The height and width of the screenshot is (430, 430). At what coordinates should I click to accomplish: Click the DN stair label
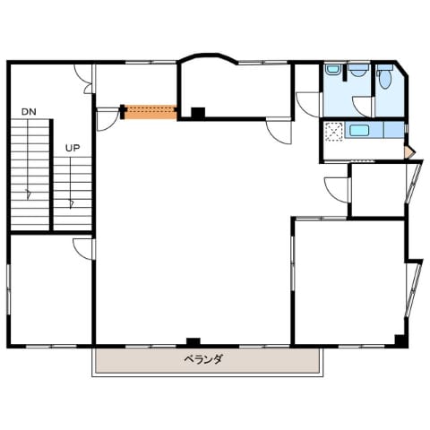[29, 112]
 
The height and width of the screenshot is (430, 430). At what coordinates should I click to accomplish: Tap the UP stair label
[73, 148]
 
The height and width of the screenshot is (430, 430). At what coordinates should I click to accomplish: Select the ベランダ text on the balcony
[203, 359]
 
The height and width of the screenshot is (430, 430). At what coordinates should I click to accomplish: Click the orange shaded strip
[150, 112]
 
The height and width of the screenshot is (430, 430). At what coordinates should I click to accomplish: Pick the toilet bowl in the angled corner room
[385, 79]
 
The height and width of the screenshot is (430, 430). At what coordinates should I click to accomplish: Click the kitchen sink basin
[359, 131]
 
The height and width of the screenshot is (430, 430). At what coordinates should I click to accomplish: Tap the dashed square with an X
[334, 132]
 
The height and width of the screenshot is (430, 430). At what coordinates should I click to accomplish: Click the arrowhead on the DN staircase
[29, 194]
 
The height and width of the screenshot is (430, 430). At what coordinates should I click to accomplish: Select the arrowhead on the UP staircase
[71, 204]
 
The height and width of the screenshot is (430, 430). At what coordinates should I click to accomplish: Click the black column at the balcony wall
[193, 341]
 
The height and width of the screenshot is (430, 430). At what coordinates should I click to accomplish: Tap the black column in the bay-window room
[198, 113]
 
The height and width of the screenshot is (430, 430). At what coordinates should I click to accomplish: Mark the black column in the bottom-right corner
[400, 340]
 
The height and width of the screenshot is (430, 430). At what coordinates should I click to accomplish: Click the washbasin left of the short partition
[333, 70]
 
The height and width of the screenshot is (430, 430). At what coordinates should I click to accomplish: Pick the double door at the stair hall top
[84, 79]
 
